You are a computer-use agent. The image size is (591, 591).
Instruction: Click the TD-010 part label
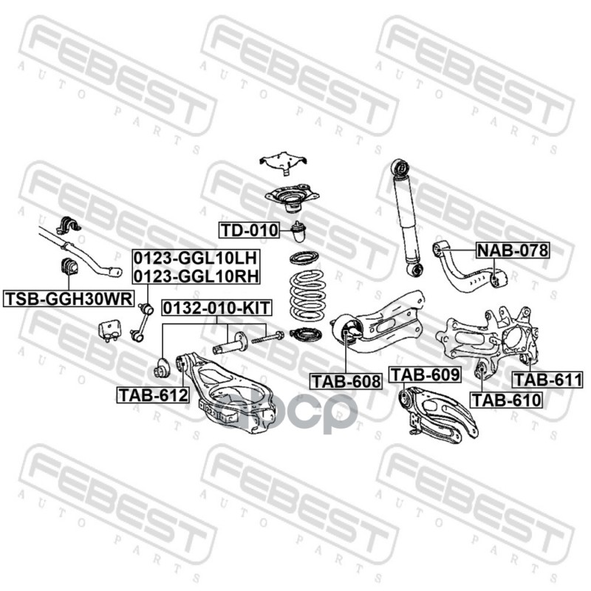pyautogui.click(x=249, y=230)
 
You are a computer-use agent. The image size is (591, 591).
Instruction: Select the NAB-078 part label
pyautogui.click(x=513, y=250)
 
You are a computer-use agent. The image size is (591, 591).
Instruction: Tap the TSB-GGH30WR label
pyautogui.click(x=69, y=298)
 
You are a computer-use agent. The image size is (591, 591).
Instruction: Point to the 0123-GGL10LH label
pyautogui.click(x=196, y=258)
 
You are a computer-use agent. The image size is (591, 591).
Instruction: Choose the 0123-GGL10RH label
pyautogui.click(x=196, y=276)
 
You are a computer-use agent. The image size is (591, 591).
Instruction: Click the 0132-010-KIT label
pyautogui.click(x=216, y=307)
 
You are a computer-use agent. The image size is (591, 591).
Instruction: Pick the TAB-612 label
pyautogui.click(x=153, y=394)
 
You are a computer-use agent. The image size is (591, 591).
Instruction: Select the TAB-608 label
pyautogui.click(x=346, y=381)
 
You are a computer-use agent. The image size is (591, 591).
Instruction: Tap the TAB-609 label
pyautogui.click(x=425, y=375)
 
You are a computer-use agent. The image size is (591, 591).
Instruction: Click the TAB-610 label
pyautogui.click(x=506, y=400)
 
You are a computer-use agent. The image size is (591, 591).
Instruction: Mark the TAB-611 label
pyautogui.click(x=547, y=379)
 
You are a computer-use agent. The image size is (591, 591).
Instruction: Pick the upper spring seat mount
pyautogui.click(x=292, y=197)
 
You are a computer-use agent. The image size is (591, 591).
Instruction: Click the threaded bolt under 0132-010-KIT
pyautogui.click(x=267, y=338)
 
